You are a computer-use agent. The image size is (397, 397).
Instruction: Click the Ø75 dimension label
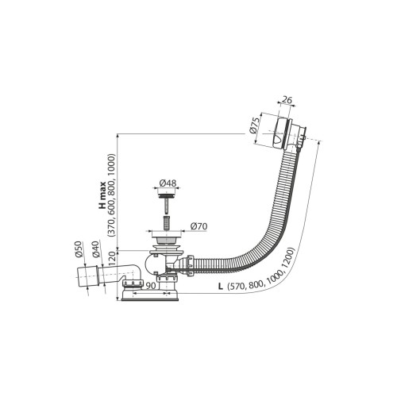pyautogui.click(x=254, y=125)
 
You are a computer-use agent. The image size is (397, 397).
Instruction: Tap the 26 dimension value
pyautogui.click(x=287, y=100)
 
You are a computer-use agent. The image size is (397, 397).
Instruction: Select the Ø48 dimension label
pyautogui.click(x=168, y=183)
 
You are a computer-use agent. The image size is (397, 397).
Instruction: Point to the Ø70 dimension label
pyautogui.click(x=198, y=226)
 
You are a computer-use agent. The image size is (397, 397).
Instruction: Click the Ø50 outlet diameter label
pyautogui.click(x=79, y=249)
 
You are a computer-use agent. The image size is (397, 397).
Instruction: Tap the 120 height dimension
pyautogui.click(x=112, y=259)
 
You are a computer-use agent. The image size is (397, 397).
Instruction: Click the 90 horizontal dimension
pyautogui.click(x=150, y=286)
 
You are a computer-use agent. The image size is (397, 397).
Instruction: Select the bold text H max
pyautogui.click(x=102, y=195)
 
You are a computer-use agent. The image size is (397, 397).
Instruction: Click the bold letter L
pyautogui.click(x=220, y=286)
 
